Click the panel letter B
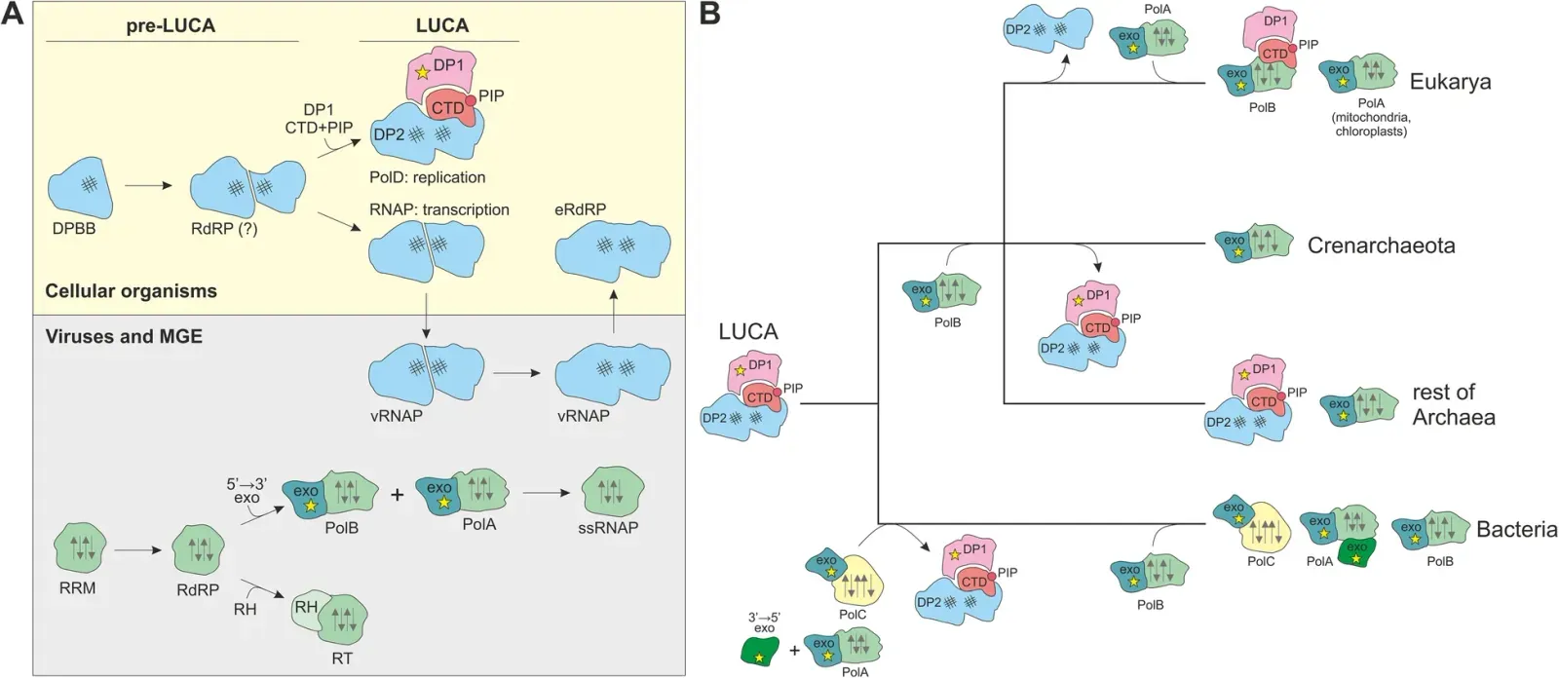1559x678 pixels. point(709,13)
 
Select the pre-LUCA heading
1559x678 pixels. point(171,26)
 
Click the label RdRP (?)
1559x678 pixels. point(224,231)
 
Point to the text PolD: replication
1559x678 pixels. point(427,177)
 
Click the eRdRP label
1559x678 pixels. point(581,209)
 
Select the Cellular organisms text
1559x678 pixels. point(131,290)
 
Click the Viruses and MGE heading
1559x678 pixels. point(124,337)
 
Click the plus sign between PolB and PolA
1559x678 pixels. point(397,495)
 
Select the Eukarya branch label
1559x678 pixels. point(1450,81)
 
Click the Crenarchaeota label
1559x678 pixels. point(1381,245)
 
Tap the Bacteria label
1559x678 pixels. point(1516,529)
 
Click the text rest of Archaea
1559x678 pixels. point(1453,404)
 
